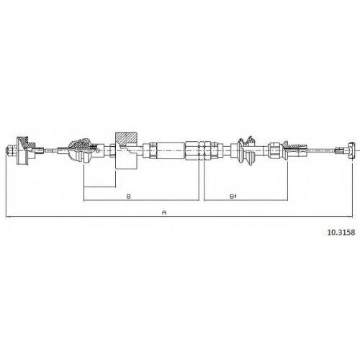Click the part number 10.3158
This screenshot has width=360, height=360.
(341, 233)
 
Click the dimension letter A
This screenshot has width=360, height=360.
(164, 212)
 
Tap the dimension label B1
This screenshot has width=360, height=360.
(233, 197)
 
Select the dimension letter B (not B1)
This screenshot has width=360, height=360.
(129, 197)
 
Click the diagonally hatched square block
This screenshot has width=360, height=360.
(126, 139)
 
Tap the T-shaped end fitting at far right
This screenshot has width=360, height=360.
(351, 150)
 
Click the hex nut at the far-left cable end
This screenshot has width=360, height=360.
(9, 150)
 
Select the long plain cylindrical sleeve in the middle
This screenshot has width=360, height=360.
(171, 150)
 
